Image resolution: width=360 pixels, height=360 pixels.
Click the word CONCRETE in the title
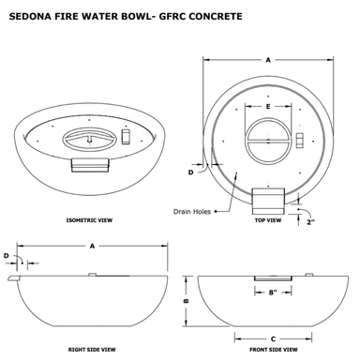click(216, 16)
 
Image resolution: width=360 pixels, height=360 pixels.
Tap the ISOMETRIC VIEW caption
click(89, 220)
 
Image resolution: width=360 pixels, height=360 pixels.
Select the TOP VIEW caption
click(268, 220)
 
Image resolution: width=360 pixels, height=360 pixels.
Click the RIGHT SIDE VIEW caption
click(92, 350)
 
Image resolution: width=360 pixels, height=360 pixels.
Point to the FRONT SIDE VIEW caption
click(274, 350)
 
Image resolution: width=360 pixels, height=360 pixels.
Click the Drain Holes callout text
click(192, 212)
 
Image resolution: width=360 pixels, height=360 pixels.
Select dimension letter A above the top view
click(268, 60)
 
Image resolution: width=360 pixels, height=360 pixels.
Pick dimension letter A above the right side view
click(92, 247)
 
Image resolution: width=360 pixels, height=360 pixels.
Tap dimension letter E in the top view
click(268, 107)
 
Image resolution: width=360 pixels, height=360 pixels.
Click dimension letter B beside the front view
click(186, 301)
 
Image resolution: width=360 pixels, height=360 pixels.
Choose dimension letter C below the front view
click(273, 339)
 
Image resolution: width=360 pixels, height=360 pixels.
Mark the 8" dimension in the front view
click(273, 292)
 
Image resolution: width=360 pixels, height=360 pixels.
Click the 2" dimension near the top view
click(310, 222)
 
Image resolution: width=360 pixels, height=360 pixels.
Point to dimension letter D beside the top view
click(190, 172)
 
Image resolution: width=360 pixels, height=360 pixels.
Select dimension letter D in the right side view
click(7, 256)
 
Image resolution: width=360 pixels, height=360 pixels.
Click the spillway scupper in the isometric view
click(90, 165)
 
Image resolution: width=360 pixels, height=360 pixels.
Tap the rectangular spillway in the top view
click(268, 202)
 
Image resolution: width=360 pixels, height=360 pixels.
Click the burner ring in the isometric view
click(90, 139)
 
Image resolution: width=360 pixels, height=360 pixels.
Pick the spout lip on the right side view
click(13, 278)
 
